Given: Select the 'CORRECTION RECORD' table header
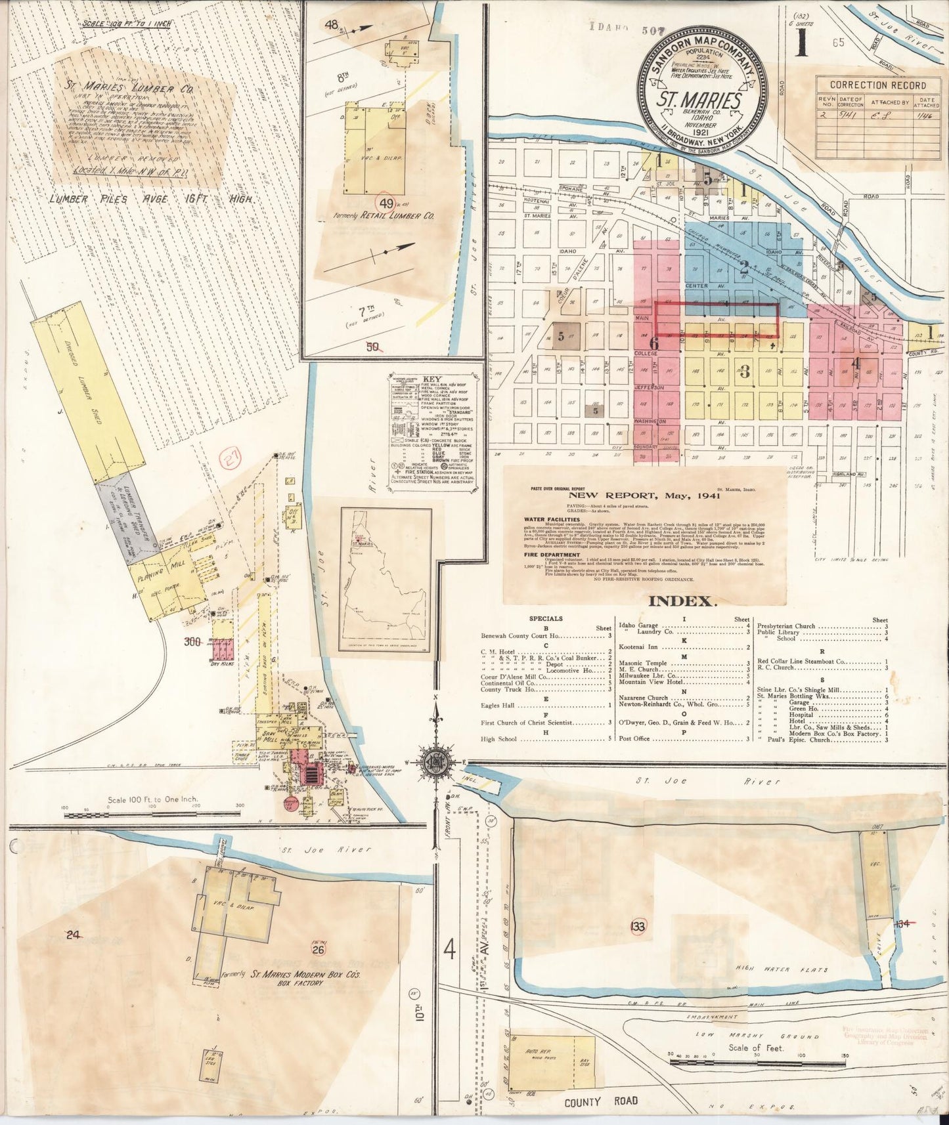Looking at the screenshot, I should tap(877, 85).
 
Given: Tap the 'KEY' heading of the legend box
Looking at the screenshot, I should tap(431, 380).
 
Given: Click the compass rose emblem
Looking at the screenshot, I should tap(435, 761).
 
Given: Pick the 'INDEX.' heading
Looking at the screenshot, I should tap(681, 601).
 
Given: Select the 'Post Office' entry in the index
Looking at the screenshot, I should tap(634, 738).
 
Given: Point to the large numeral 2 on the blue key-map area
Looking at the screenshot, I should tap(744, 267).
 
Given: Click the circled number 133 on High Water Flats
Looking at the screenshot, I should tap(637, 926).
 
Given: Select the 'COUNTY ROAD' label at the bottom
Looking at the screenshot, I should tap(600, 1101).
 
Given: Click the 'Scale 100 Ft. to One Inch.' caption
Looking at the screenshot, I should tap(152, 799).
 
